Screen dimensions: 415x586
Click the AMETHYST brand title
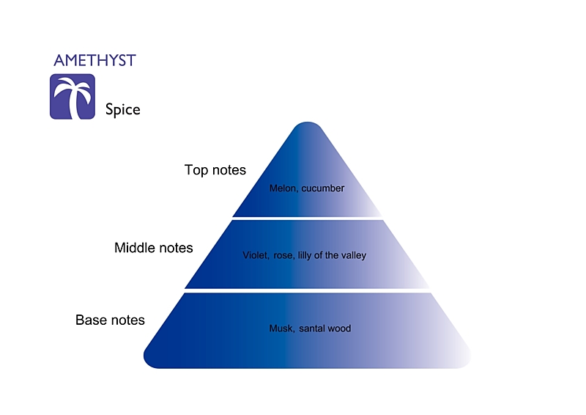click(x=94, y=60)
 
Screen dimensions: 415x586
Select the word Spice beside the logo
click(x=122, y=110)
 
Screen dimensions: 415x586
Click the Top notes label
click(x=215, y=170)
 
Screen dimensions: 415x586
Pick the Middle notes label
click(x=153, y=248)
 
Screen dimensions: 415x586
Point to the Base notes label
click(x=110, y=320)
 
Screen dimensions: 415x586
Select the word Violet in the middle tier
click(x=256, y=256)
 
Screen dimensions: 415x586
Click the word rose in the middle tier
click(x=283, y=256)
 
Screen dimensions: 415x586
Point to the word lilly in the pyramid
click(x=305, y=256)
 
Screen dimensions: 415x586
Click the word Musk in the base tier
click(x=281, y=328)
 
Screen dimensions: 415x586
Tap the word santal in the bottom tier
click(x=311, y=328)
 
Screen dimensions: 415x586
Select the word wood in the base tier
click(x=339, y=328)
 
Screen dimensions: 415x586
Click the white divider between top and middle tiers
click(x=307, y=218)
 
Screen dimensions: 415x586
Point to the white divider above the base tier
click(x=307, y=290)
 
